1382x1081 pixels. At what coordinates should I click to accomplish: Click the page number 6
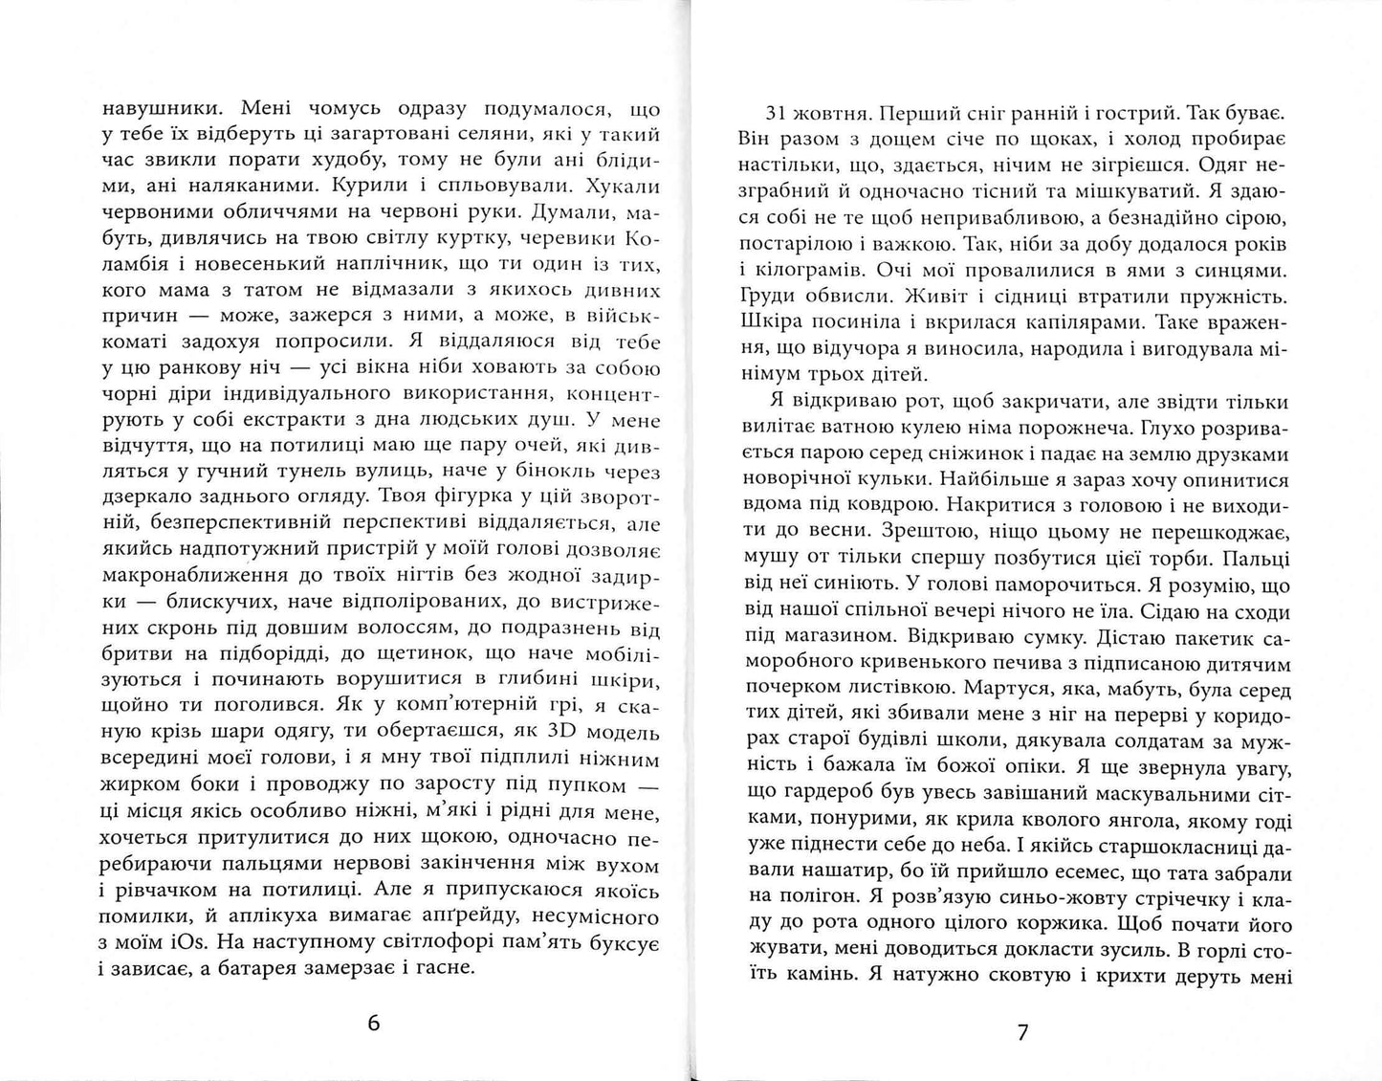(x=374, y=1024)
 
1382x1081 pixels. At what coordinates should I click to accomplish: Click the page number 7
(x=1021, y=1032)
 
